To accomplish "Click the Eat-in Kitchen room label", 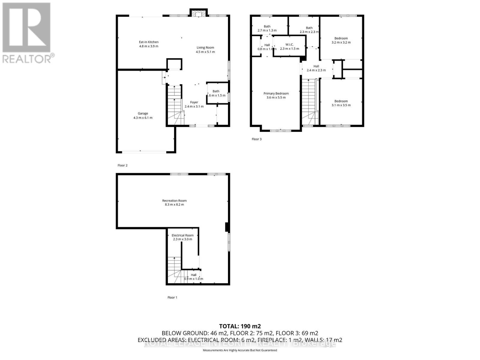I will [x=148, y=42].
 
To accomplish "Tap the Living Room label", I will [x=205, y=47].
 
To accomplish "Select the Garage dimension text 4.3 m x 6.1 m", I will [x=143, y=118].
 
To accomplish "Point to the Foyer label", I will [x=194, y=102].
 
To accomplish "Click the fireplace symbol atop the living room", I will [x=198, y=13].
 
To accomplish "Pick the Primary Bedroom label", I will [x=276, y=93].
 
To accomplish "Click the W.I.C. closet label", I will [x=289, y=44].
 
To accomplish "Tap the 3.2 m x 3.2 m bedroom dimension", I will [x=341, y=42].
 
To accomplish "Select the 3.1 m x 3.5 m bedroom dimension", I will [x=341, y=105].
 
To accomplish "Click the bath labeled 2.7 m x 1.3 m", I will [x=267, y=30].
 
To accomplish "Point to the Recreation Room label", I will [x=174, y=201].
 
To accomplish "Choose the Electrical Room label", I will [x=182, y=235].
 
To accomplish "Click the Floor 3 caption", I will [x=256, y=139].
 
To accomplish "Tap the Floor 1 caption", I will [x=172, y=297].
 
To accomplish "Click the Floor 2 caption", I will [x=122, y=165].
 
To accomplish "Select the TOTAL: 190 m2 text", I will [x=240, y=326].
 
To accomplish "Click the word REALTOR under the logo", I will [x=27, y=58].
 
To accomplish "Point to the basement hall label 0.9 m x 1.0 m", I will [x=193, y=279].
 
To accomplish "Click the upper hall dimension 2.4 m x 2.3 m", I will [x=316, y=70].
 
